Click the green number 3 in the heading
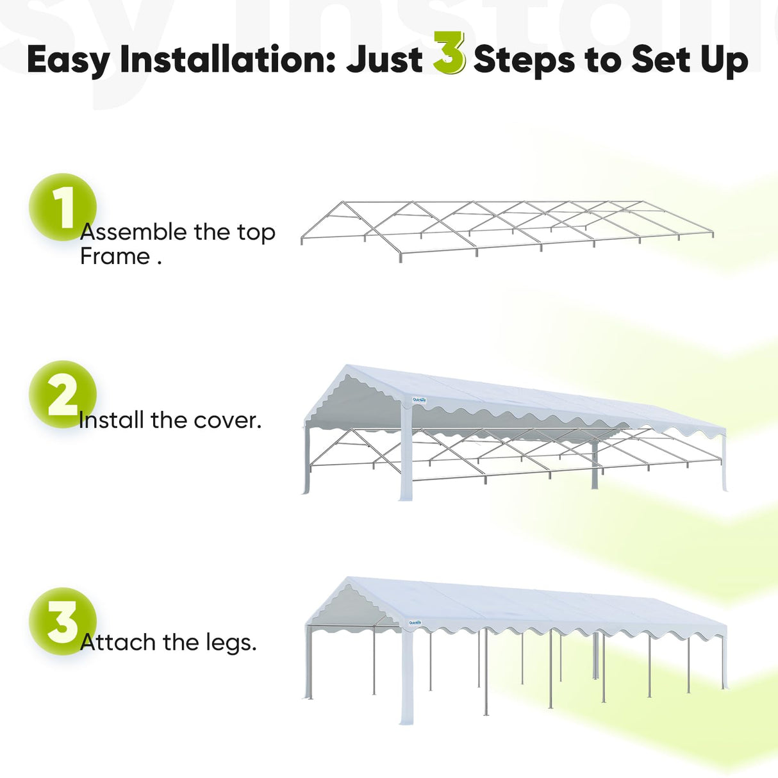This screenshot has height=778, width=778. [449, 54]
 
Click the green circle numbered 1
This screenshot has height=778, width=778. [62, 207]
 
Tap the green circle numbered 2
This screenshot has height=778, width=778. [62, 394]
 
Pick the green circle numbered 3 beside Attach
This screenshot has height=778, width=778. [62, 621]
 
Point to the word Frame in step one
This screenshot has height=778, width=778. [115, 256]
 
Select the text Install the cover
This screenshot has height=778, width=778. [170, 420]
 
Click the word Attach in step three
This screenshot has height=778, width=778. [118, 641]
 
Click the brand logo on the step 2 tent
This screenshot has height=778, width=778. [419, 400]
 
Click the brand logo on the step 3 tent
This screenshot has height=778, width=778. [415, 622]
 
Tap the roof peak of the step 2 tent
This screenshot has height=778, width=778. [348, 368]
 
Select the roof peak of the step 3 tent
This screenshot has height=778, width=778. [349, 580]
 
